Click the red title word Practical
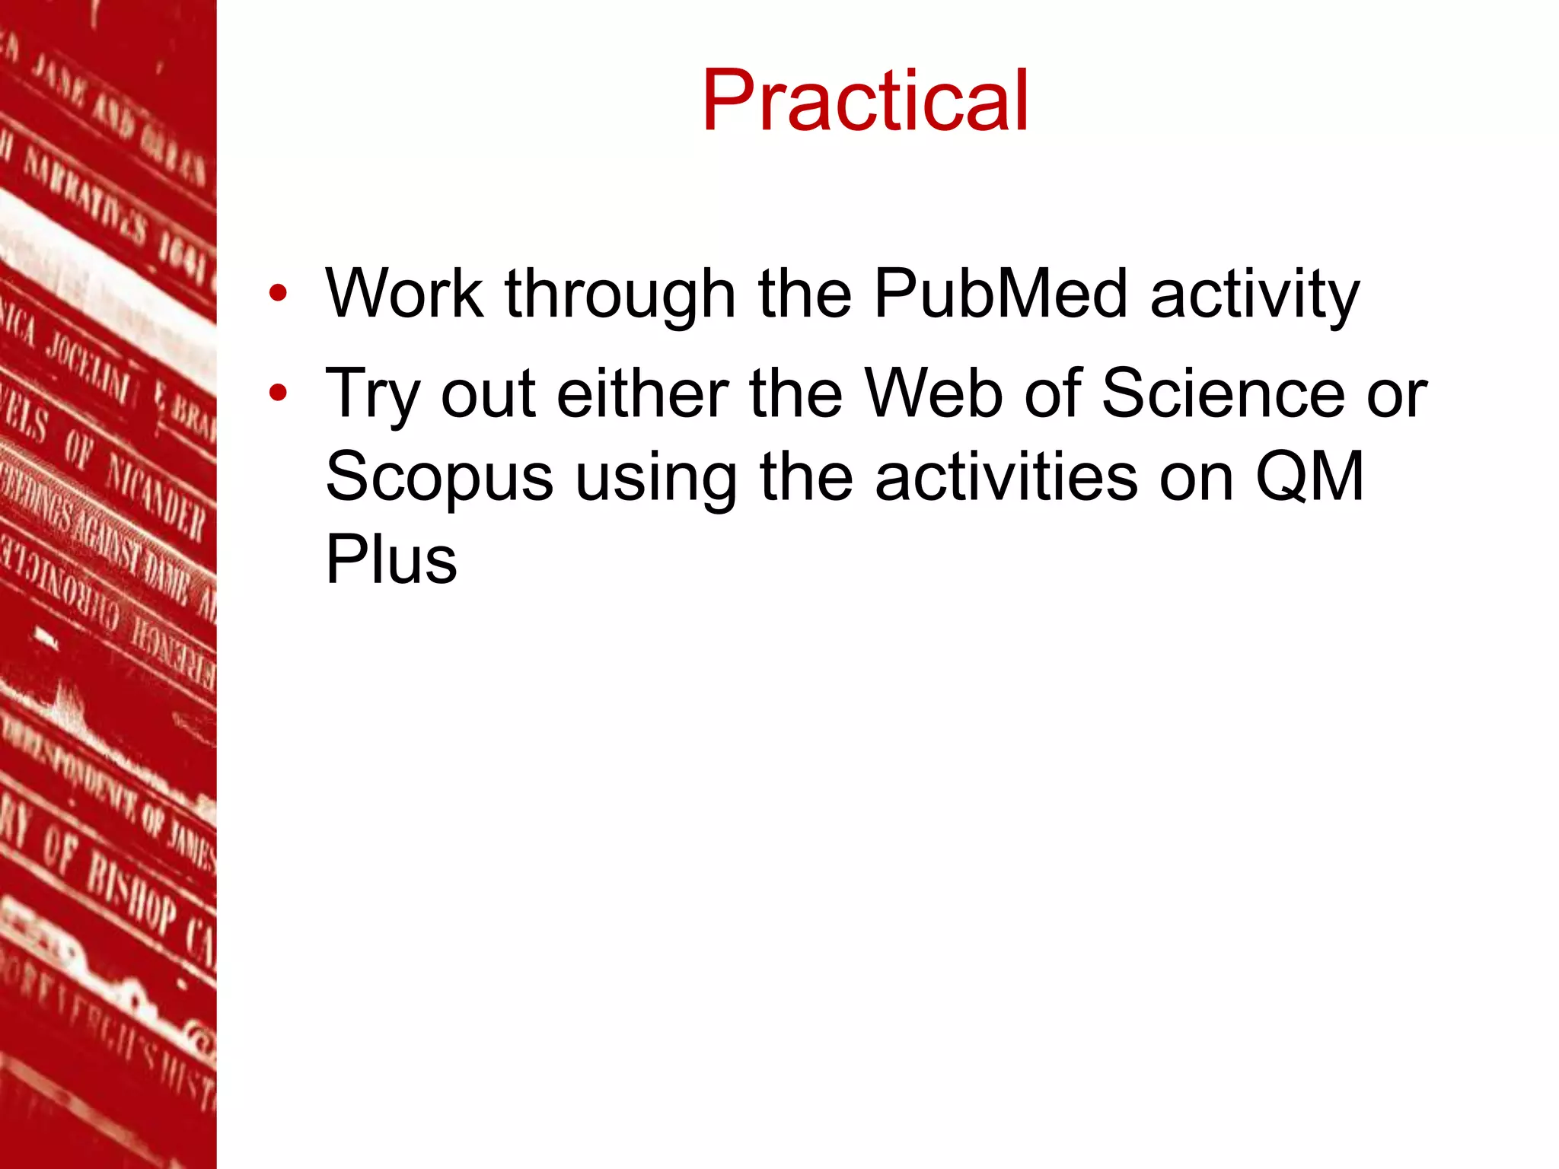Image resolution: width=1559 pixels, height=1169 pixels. tap(865, 101)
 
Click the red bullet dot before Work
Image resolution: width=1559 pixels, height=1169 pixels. tap(278, 294)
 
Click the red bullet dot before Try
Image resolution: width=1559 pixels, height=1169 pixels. tap(278, 393)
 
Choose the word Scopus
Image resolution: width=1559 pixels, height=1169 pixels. tap(439, 478)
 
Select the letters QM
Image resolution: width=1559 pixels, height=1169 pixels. tap(1309, 476)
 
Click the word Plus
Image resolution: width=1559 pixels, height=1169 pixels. tap(391, 559)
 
